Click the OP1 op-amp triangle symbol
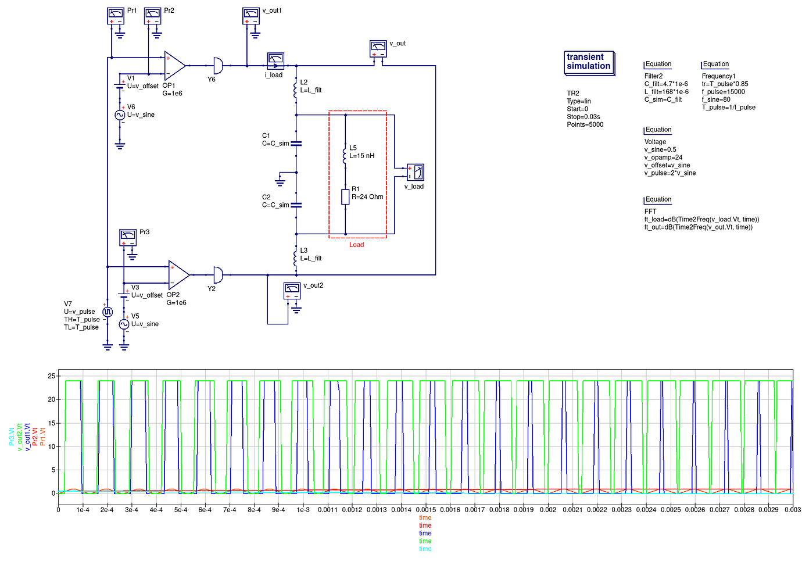pos(175,65)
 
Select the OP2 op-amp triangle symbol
pos(178,274)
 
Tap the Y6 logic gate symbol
pos(217,65)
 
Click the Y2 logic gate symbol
pos(217,274)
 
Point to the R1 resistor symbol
pos(345,197)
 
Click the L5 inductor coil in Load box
pos(345,155)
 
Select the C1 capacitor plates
pos(296,143)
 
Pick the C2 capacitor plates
pos(296,205)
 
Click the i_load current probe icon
pos(275,61)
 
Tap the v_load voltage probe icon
pos(415,173)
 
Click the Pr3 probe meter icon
pos(128,237)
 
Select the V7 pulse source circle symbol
pos(108,312)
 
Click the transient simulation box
pos(589,62)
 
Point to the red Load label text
pos(356,245)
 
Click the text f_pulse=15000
pos(723,92)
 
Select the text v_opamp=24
pos(663,158)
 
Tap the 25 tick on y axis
pos(52,376)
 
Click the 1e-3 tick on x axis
pos(303,510)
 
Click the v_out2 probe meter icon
pos(292,290)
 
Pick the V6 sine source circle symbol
pos(120,115)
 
